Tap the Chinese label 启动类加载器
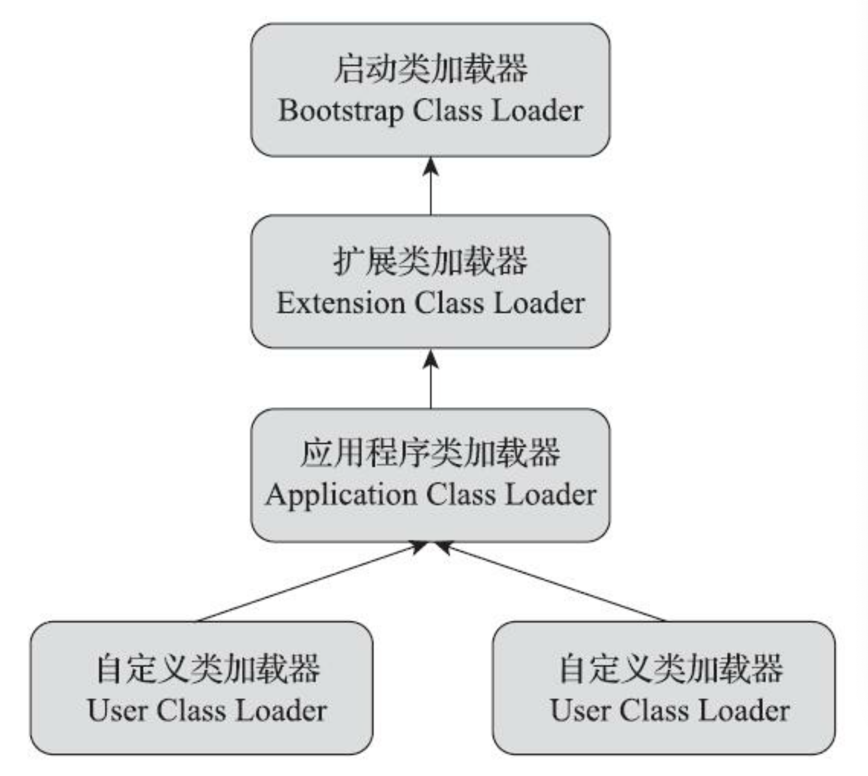point(430,69)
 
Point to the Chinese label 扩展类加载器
point(430,261)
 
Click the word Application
point(341,496)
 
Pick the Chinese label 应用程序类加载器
point(430,453)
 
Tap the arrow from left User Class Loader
point(313,582)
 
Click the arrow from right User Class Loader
point(552,582)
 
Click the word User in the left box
point(117,710)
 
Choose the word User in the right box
point(580,710)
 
